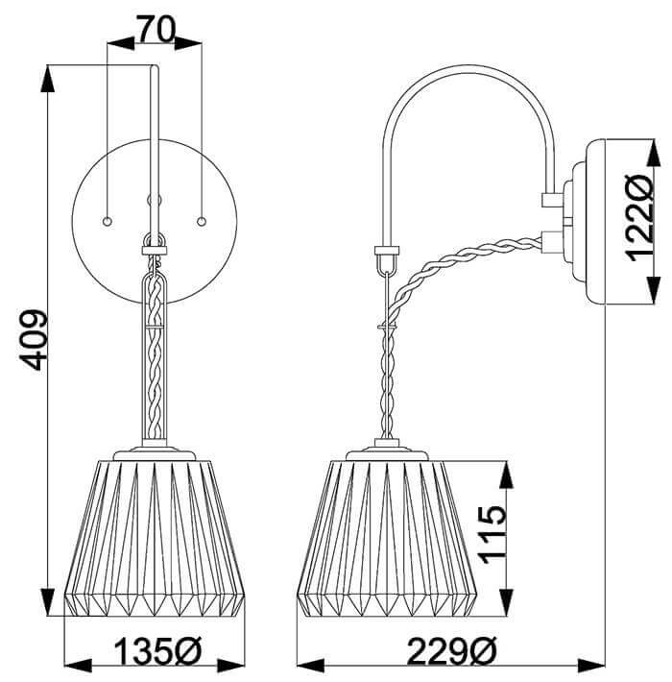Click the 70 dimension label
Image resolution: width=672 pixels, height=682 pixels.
(156, 29)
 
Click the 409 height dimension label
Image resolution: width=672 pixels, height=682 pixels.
(33, 340)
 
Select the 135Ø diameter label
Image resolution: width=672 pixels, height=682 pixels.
(158, 651)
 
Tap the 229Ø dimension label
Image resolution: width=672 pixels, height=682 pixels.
(451, 651)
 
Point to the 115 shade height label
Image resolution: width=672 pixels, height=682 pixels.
(492, 534)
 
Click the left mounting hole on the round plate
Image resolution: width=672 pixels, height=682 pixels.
(107, 221)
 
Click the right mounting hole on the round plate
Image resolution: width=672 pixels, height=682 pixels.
(202, 221)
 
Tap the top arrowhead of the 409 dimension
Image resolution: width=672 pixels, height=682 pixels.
(48, 79)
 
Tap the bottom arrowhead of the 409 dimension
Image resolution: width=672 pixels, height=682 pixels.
(48, 601)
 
